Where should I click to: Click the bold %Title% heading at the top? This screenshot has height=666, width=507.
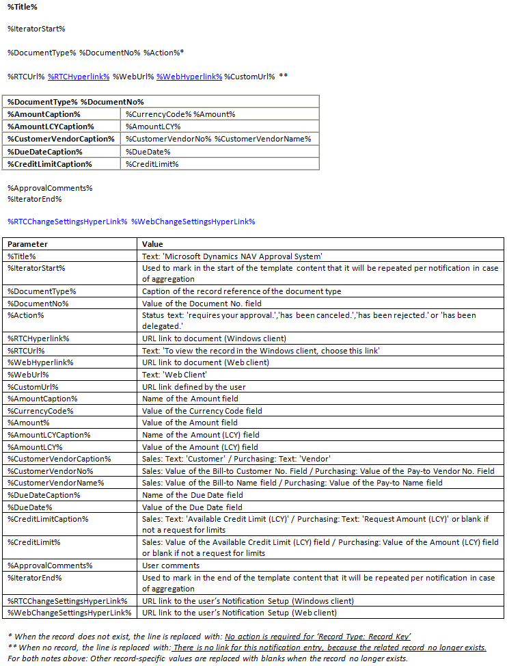click(x=23, y=7)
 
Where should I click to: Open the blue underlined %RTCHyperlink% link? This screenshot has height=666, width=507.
click(x=79, y=76)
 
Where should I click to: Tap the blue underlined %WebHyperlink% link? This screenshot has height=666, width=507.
click(x=189, y=76)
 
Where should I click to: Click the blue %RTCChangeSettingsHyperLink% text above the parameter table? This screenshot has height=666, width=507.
click(x=67, y=222)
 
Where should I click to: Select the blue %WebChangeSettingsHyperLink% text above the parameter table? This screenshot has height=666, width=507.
click(x=193, y=222)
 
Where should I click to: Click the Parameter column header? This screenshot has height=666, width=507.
click(x=28, y=244)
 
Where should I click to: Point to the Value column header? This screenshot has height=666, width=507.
click(x=152, y=244)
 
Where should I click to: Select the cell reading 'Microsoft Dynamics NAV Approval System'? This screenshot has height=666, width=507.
click(x=232, y=256)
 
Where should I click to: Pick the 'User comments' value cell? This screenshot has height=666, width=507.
click(x=171, y=565)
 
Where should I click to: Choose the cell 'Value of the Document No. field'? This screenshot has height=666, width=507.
click(x=202, y=304)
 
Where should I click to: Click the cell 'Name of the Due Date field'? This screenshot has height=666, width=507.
click(x=193, y=495)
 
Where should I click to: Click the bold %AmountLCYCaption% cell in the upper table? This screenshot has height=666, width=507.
click(x=51, y=126)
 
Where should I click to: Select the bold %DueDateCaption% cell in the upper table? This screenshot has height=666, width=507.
click(x=45, y=151)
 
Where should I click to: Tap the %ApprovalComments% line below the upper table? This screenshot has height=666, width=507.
click(x=50, y=187)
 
